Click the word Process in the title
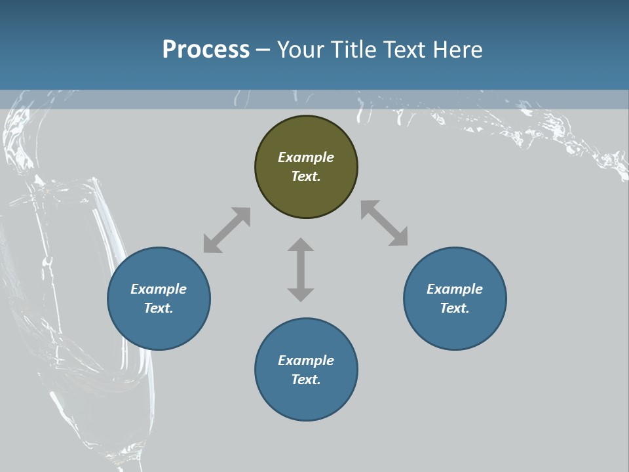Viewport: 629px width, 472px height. pos(206,50)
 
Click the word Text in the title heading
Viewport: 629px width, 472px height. pos(404,50)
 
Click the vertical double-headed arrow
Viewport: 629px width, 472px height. pos(301,269)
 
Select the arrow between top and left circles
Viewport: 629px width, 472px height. pos(227,230)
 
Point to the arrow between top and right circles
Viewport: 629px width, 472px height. pos(385,223)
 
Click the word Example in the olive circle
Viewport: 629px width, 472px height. pos(306,157)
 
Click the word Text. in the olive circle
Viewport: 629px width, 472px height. pos(306,176)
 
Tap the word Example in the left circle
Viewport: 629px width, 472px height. pos(159,289)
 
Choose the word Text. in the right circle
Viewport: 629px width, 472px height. pos(455,308)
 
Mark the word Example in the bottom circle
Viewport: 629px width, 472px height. pos(306,361)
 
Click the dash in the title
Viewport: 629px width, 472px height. pos(263,50)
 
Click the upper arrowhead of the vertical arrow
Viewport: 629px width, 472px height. pos(301,246)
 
